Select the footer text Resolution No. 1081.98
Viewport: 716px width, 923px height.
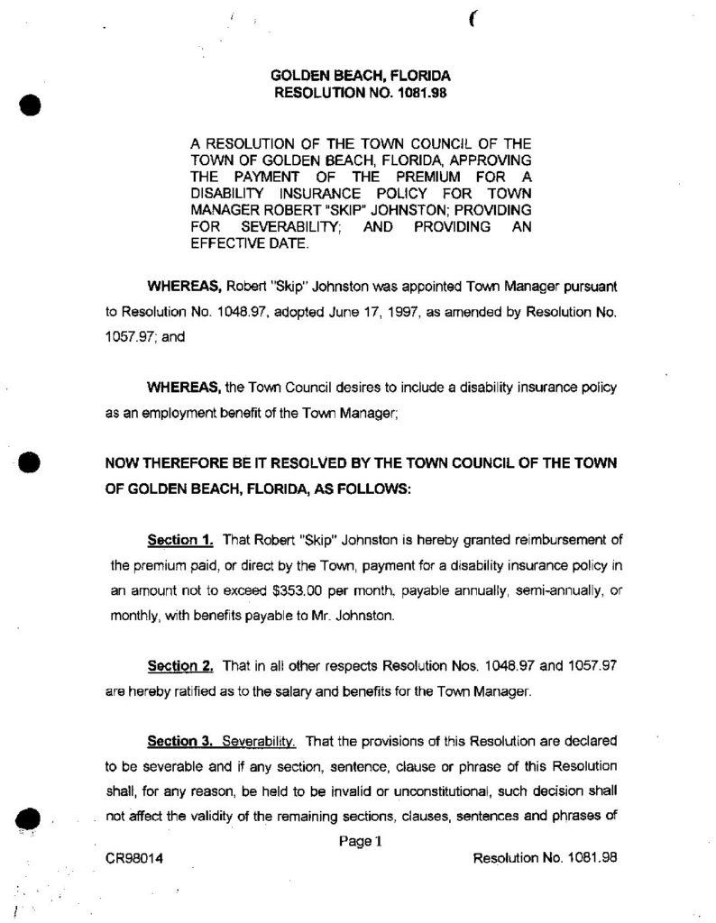tap(545, 858)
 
